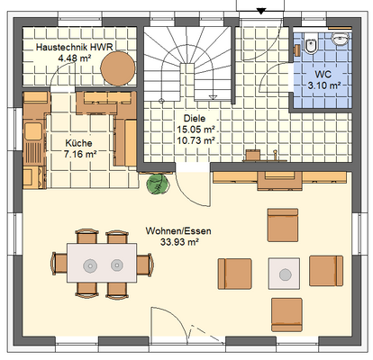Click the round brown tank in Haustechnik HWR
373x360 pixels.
coord(118,68)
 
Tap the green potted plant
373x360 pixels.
coord(157,184)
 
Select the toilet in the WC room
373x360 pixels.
coord(311,45)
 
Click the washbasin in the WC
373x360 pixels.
coord(341,39)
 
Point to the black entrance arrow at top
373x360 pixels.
coord(261,11)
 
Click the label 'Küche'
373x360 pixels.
coord(78,143)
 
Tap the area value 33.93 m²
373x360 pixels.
coord(179,242)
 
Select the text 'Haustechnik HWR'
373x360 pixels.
coord(75,47)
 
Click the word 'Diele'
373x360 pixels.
coord(195,118)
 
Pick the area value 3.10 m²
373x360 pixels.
coord(323,85)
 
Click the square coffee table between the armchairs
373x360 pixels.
coord(284,274)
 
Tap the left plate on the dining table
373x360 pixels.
coord(90,265)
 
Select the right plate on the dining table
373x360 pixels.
coord(117,265)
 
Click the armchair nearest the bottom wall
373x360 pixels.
coord(287,315)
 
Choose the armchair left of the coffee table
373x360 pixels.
coord(235,274)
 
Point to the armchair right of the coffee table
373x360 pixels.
coord(326,271)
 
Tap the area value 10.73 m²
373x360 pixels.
coord(196,140)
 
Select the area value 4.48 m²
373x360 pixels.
coord(75,58)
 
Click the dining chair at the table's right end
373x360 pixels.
coord(145,265)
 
